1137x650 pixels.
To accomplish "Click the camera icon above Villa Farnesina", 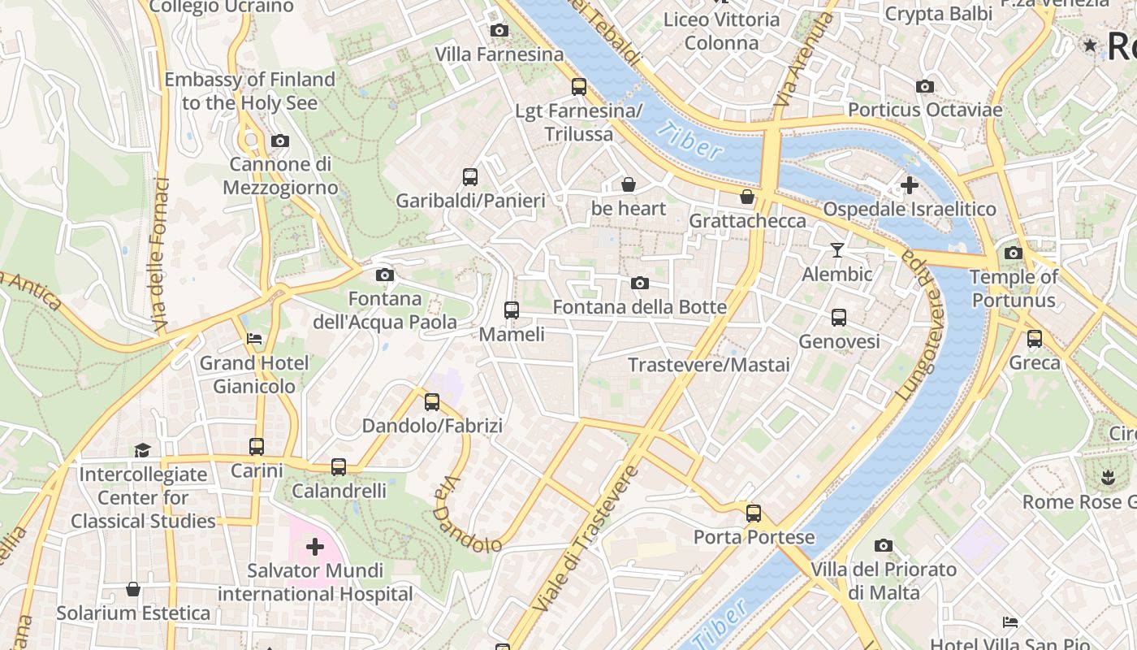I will tap(499, 31).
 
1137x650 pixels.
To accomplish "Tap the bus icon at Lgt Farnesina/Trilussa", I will tap(579, 86).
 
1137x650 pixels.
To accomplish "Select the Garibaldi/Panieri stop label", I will tap(469, 200).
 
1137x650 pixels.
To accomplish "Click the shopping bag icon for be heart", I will tap(628, 184).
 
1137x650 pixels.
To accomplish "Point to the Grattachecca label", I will tap(747, 220).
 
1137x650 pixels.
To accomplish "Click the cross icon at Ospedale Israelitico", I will tap(910, 185).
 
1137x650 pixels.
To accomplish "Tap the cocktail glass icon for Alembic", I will tap(837, 250).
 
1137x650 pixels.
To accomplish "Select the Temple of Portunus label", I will tap(1014, 288).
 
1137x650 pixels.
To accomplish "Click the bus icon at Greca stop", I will tap(1035, 338).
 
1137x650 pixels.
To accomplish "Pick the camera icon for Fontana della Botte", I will tap(640, 283).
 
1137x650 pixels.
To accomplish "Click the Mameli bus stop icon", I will tap(512, 310).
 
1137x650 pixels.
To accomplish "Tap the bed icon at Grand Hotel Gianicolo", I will tap(254, 338).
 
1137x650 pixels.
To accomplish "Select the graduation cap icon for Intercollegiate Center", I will tap(143, 449).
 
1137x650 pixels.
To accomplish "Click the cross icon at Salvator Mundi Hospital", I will tap(315, 547).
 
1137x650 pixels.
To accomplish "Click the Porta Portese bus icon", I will tap(754, 513).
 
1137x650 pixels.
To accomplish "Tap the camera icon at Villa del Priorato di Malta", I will tap(884, 545).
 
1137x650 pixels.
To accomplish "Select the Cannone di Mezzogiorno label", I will tap(280, 175).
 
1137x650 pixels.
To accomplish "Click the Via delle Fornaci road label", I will tap(160, 254).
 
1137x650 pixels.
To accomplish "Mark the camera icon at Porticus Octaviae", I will tap(924, 86).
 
